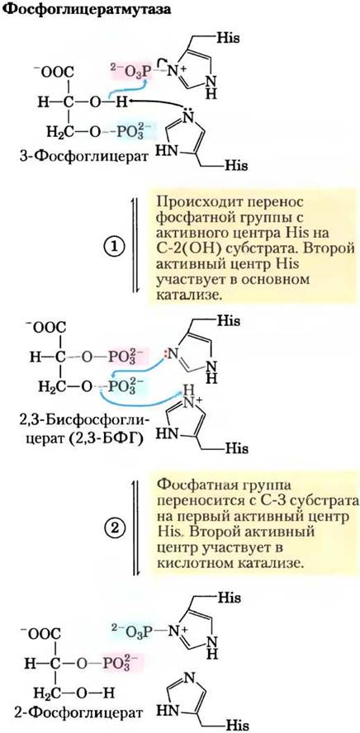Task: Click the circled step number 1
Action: coord(116,245)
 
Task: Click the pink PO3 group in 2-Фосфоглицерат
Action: coord(118,663)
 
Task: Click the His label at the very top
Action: coord(228,38)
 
